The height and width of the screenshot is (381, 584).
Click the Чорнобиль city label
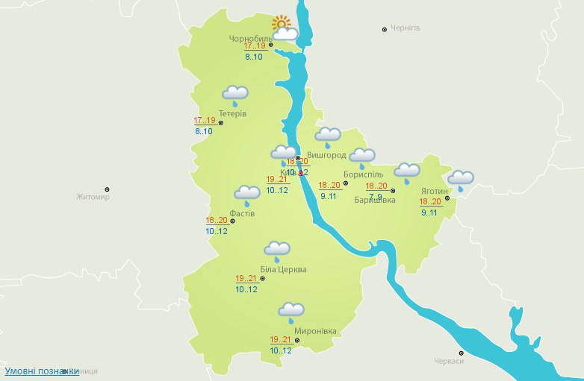click(x=251, y=39)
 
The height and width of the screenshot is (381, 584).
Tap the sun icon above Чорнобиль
click(x=281, y=24)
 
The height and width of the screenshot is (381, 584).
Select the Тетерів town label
click(x=232, y=113)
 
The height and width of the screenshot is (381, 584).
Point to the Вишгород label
click(x=326, y=155)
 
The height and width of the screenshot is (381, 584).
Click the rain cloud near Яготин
click(x=460, y=180)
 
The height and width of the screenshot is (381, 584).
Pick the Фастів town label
click(x=242, y=213)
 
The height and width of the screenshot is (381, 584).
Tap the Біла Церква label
click(x=283, y=269)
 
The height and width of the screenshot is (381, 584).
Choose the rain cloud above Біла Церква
click(x=278, y=251)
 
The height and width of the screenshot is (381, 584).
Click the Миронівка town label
click(x=315, y=331)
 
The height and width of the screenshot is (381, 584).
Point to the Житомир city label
click(x=93, y=198)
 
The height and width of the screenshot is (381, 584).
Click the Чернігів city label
click(x=406, y=28)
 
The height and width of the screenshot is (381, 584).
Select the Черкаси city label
click(x=449, y=361)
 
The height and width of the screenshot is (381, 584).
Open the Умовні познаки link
click(x=41, y=371)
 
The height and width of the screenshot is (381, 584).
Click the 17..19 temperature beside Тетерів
click(x=205, y=121)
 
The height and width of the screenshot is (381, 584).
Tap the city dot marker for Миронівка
click(x=297, y=340)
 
